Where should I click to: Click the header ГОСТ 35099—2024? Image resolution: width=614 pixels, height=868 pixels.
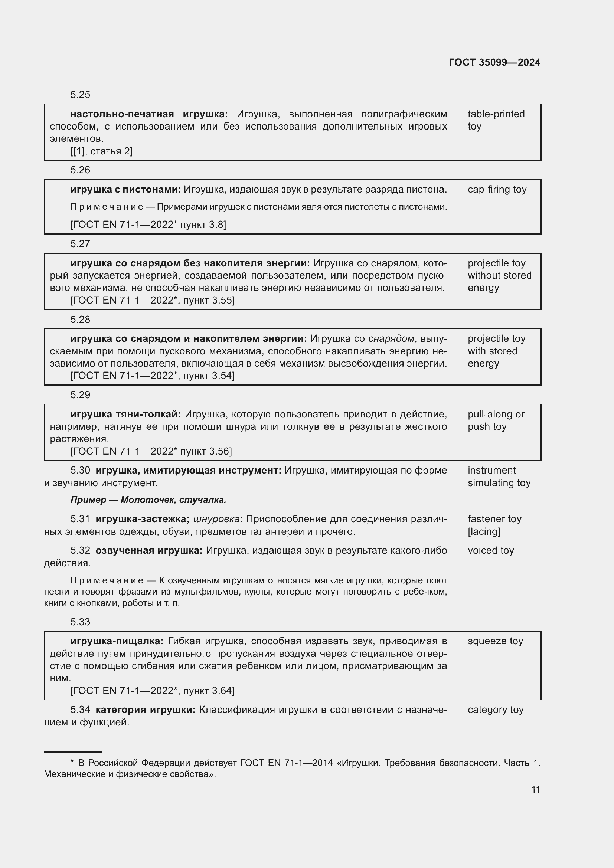coord(494,62)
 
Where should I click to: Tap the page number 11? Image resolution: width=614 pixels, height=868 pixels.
coord(535,789)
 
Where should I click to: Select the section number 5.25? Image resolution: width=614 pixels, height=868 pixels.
coord(80,95)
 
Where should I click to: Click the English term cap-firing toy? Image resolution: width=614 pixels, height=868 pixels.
coord(497,189)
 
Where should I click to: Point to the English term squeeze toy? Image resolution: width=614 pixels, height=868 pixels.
coord(495,641)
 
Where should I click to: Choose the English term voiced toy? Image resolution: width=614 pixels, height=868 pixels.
coord(490,550)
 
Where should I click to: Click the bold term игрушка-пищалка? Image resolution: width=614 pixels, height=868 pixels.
coord(117,641)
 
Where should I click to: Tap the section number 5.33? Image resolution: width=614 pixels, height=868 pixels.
coord(80,622)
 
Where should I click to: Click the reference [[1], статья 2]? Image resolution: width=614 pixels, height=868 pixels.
coord(101,151)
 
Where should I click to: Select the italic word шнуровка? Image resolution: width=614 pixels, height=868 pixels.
coord(217,519)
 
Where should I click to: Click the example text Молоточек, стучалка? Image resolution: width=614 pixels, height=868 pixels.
coord(173,500)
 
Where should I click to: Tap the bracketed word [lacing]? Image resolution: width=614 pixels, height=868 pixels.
coord(484,531)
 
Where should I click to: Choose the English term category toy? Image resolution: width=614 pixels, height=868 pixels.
coord(495,710)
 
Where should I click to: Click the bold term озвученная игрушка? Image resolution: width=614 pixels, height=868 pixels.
coord(149,550)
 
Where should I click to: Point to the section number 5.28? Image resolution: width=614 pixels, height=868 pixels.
coord(80,320)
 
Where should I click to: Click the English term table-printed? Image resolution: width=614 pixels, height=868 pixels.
coord(496,114)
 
